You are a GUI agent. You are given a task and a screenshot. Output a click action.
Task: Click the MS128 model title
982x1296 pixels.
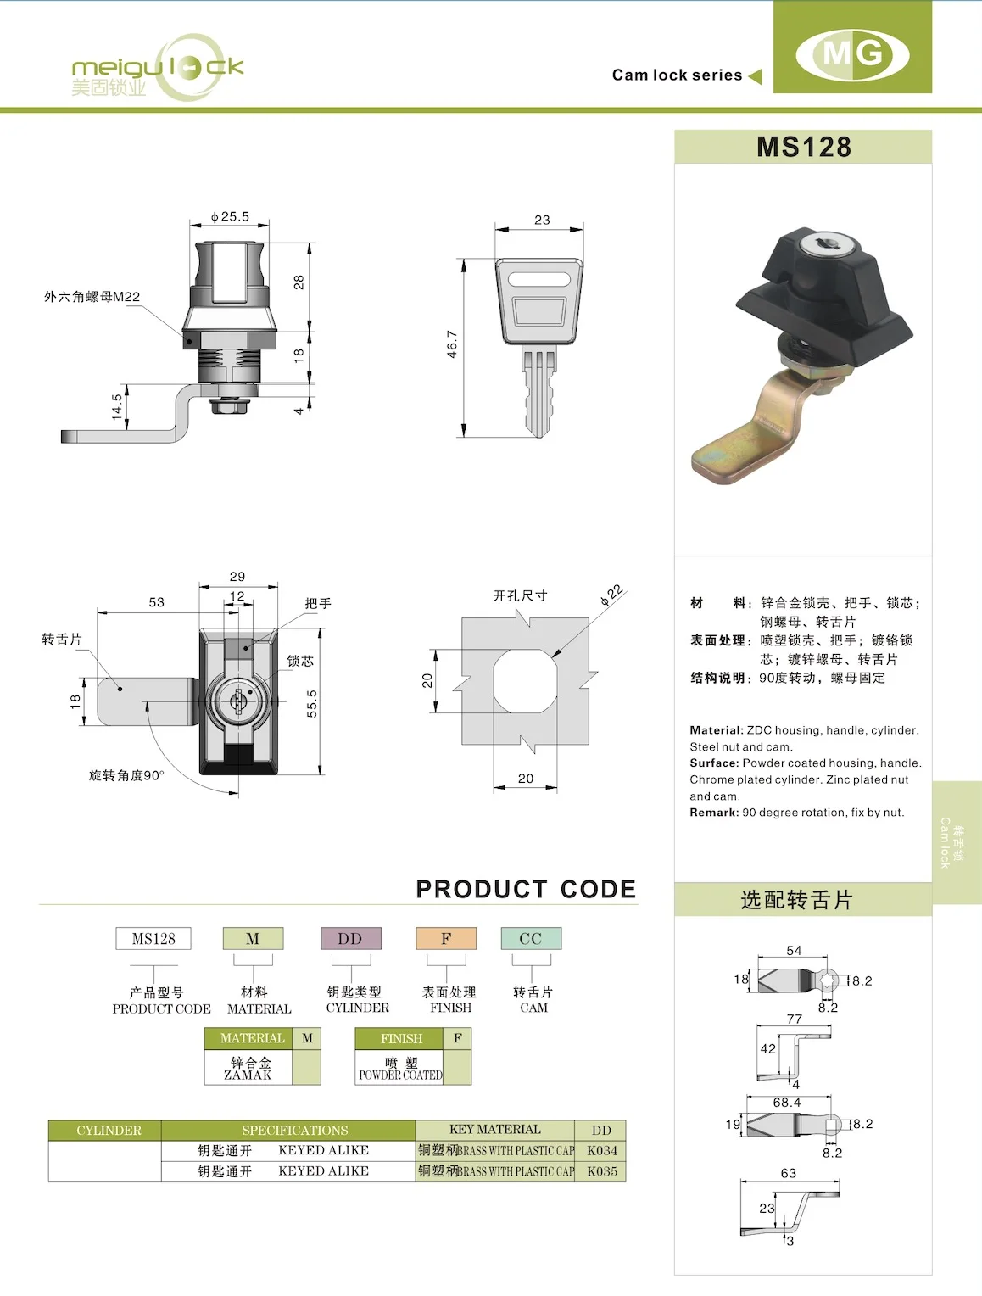pos(803,147)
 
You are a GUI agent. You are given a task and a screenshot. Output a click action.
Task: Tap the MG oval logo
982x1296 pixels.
pos(852,54)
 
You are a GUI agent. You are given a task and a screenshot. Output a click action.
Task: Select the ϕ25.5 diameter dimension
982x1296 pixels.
pos(230,216)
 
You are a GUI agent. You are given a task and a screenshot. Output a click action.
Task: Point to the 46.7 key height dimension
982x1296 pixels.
pos(452,344)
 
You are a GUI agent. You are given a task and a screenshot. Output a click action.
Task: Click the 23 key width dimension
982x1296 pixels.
pos(542,220)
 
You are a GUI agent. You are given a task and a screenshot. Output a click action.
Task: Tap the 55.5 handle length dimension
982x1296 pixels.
pos(312,703)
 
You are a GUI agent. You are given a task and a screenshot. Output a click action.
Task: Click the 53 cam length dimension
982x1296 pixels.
pos(157,602)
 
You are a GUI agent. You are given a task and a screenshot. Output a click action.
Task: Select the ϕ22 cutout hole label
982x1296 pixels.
pos(611,595)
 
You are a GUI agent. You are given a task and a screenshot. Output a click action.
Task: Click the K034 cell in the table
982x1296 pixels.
pos(601,1151)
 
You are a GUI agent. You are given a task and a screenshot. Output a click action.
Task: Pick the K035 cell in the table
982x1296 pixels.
pos(601,1171)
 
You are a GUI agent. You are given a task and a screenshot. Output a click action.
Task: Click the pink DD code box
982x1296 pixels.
pos(350,939)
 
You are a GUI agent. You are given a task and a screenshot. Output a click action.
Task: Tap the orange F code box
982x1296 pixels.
pos(446,939)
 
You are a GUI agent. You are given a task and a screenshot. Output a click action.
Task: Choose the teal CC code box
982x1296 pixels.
pos(531,939)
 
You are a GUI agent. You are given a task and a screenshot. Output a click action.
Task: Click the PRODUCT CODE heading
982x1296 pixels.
pos(526,889)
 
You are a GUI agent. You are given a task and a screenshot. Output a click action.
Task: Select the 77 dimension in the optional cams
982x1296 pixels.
pos(794,1019)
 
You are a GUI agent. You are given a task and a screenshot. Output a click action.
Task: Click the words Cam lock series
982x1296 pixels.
pos(677,75)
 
